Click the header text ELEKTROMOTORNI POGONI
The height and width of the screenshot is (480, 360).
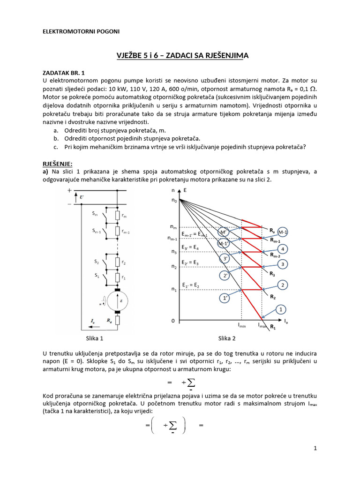point(81,31)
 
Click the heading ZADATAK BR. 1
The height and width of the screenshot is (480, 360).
point(64,73)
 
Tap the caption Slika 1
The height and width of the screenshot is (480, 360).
point(95,338)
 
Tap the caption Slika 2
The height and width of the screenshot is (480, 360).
point(227,338)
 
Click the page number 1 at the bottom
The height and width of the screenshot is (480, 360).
point(315,448)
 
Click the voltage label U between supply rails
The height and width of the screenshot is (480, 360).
point(82,197)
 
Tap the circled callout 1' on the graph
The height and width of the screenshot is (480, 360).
point(225,297)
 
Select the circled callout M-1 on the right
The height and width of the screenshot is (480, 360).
point(283,232)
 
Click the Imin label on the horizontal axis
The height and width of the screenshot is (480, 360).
point(242,325)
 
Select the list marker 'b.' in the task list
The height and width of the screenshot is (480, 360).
point(55,139)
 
